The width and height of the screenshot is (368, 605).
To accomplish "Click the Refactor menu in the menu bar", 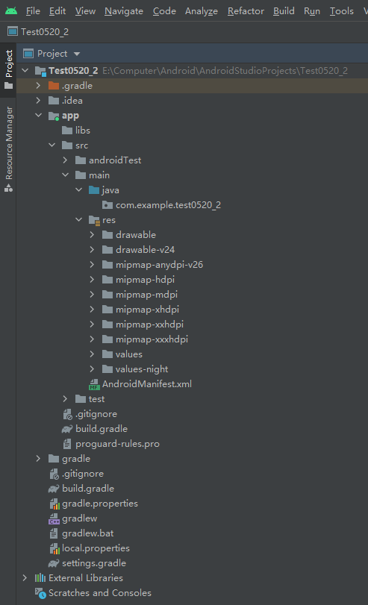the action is coord(246,11).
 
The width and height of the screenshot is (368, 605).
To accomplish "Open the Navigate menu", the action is coord(124,11).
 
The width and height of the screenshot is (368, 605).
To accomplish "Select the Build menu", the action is coord(284,11).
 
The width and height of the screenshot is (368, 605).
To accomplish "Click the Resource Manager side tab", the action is coord(9,149).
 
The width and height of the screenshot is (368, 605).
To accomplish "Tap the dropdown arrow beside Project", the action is coord(77,54).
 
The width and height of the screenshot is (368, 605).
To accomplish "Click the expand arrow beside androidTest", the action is coord(65,160).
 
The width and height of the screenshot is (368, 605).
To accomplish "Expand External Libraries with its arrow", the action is coord(25,577).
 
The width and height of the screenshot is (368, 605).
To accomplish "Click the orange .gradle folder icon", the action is coord(54,86).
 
